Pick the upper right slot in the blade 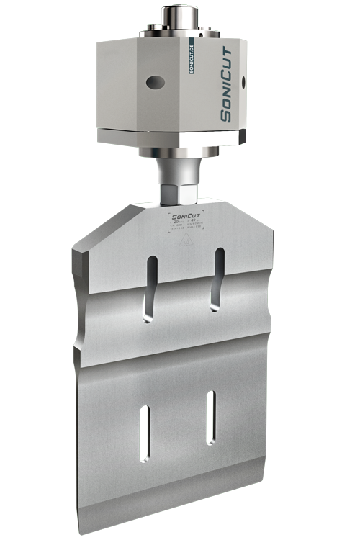click(216, 281)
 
